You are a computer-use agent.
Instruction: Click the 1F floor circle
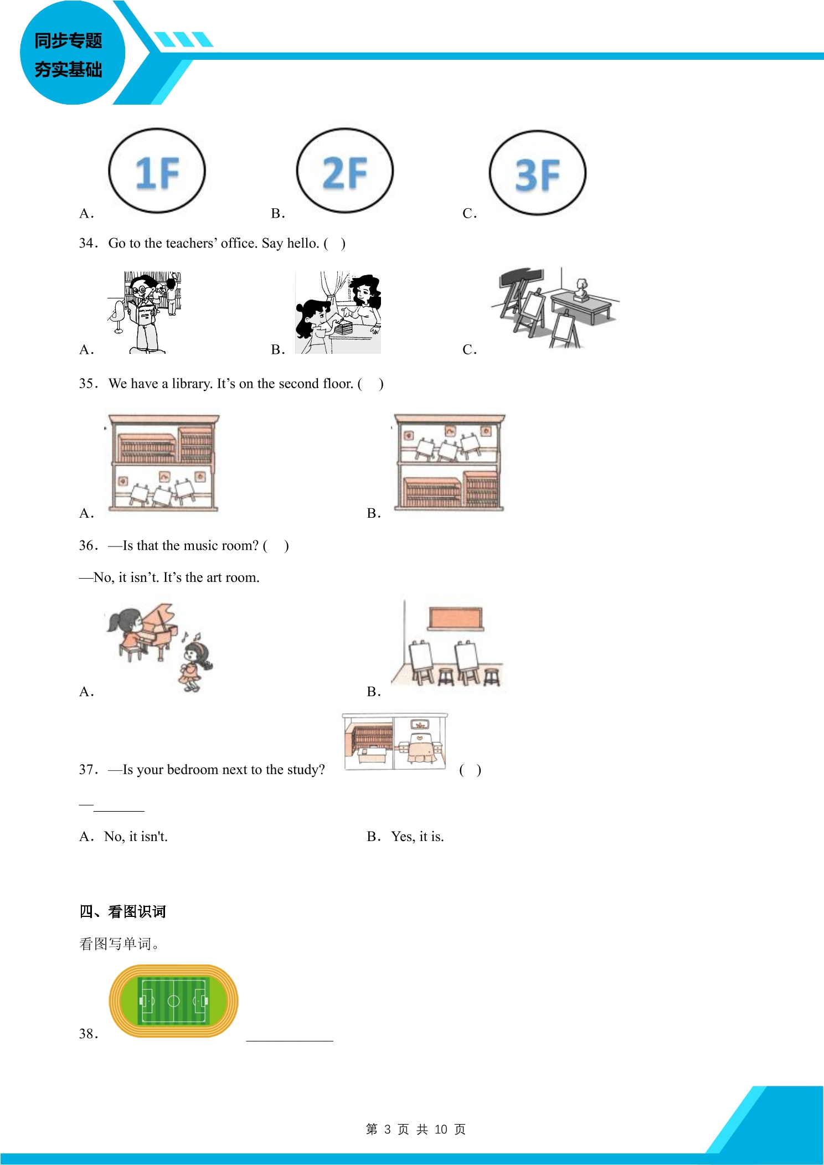click(157, 128)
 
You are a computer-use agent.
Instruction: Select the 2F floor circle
click(344, 128)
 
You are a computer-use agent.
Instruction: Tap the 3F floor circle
click(537, 131)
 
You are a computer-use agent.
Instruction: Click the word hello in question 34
click(303, 243)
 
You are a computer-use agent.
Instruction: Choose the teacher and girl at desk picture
click(338, 312)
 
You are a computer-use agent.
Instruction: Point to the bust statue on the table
click(581, 290)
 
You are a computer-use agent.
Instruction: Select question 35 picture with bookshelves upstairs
click(164, 462)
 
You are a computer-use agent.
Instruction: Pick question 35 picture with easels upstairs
click(449, 462)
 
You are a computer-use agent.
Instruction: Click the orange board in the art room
click(456, 618)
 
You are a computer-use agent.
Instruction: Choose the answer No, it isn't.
click(136, 836)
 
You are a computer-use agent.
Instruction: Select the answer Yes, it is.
click(418, 836)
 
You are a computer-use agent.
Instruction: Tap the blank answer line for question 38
click(290, 1041)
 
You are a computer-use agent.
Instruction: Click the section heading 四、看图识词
click(122, 911)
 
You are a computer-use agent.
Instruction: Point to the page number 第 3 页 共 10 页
click(416, 1129)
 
